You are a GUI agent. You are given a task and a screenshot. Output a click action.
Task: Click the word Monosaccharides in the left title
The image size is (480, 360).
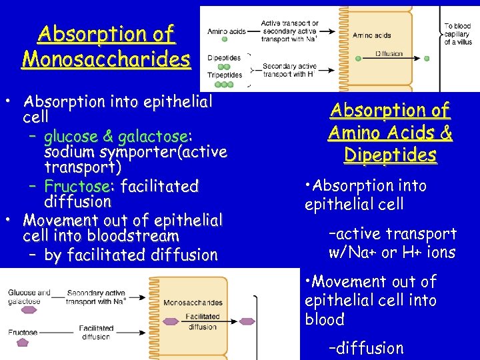(105, 59)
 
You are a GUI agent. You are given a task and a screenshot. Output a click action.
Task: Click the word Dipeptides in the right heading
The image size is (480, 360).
(390, 155)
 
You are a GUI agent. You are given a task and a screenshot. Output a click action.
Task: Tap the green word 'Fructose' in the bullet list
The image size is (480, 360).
(75, 185)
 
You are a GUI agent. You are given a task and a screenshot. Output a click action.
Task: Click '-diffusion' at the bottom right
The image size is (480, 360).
(366, 348)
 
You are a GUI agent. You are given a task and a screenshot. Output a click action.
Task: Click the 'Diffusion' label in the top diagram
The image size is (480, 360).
(389, 53)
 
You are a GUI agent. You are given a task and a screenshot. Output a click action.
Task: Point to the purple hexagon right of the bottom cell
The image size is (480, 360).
(247, 322)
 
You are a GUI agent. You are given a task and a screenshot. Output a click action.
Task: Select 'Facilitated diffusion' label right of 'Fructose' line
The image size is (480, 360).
(95, 332)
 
